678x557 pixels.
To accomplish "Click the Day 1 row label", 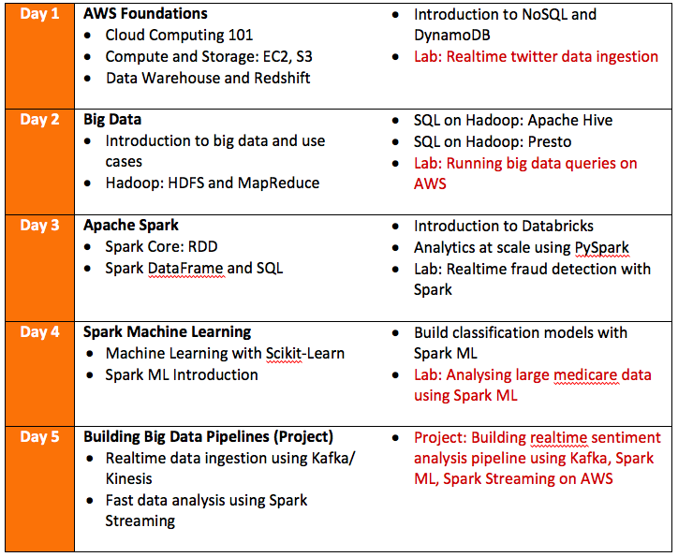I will [x=40, y=14].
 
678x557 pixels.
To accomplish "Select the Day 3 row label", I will [x=40, y=226].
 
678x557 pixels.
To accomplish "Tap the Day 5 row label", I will [x=40, y=437].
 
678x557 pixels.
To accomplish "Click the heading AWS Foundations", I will [x=145, y=14].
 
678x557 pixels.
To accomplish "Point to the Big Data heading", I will [x=112, y=120].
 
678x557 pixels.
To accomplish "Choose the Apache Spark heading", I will [x=131, y=226].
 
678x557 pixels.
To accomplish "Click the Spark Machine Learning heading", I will [x=167, y=331].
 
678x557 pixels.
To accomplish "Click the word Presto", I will [x=548, y=141].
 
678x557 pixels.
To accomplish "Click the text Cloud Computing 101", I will [x=179, y=36].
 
